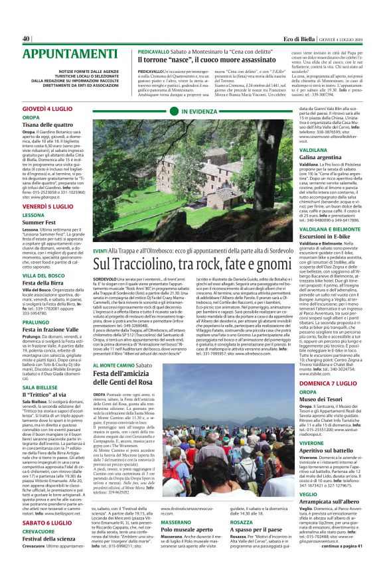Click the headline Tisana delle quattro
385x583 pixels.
click(x=48, y=125)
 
